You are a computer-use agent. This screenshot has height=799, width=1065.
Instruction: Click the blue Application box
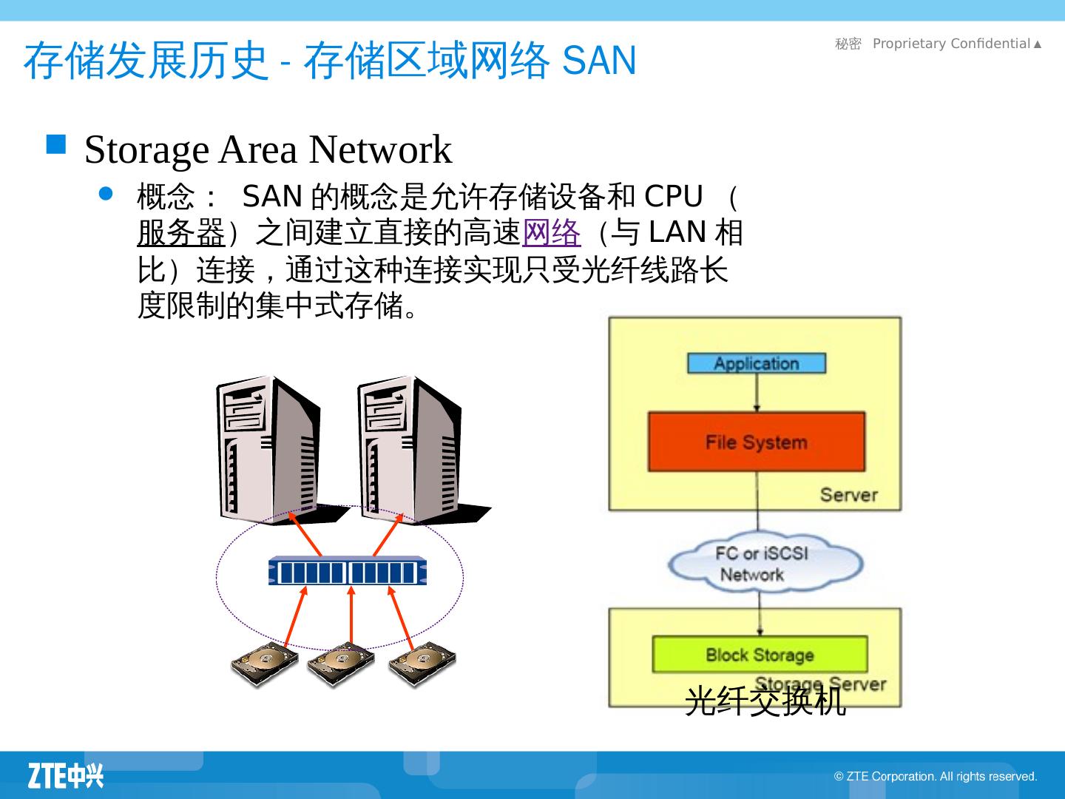pos(756,363)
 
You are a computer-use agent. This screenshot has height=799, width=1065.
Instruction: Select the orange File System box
pos(756,442)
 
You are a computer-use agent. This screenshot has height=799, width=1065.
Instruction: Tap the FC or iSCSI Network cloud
pos(764,564)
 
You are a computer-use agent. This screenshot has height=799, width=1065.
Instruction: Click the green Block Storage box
pos(760,655)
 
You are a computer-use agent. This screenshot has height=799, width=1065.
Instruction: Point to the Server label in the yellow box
pos(848,495)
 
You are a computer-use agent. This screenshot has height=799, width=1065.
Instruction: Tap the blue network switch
pos(347,572)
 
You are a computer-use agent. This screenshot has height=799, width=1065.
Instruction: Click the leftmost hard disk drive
pos(264,663)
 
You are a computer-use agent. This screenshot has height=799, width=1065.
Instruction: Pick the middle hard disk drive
pos(341,663)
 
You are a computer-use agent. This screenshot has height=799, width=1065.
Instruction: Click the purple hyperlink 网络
pos(551,234)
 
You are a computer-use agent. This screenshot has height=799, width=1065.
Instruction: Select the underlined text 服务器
pos(180,234)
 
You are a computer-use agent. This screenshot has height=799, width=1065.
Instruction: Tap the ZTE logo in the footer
pos(66,775)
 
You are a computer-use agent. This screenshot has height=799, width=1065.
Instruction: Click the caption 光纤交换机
pos(765,701)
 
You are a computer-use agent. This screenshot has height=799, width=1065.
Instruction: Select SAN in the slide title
pos(599,61)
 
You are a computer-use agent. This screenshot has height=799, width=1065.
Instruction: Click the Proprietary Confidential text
pos(951,44)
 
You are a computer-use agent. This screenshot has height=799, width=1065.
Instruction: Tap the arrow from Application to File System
pos(756,392)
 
